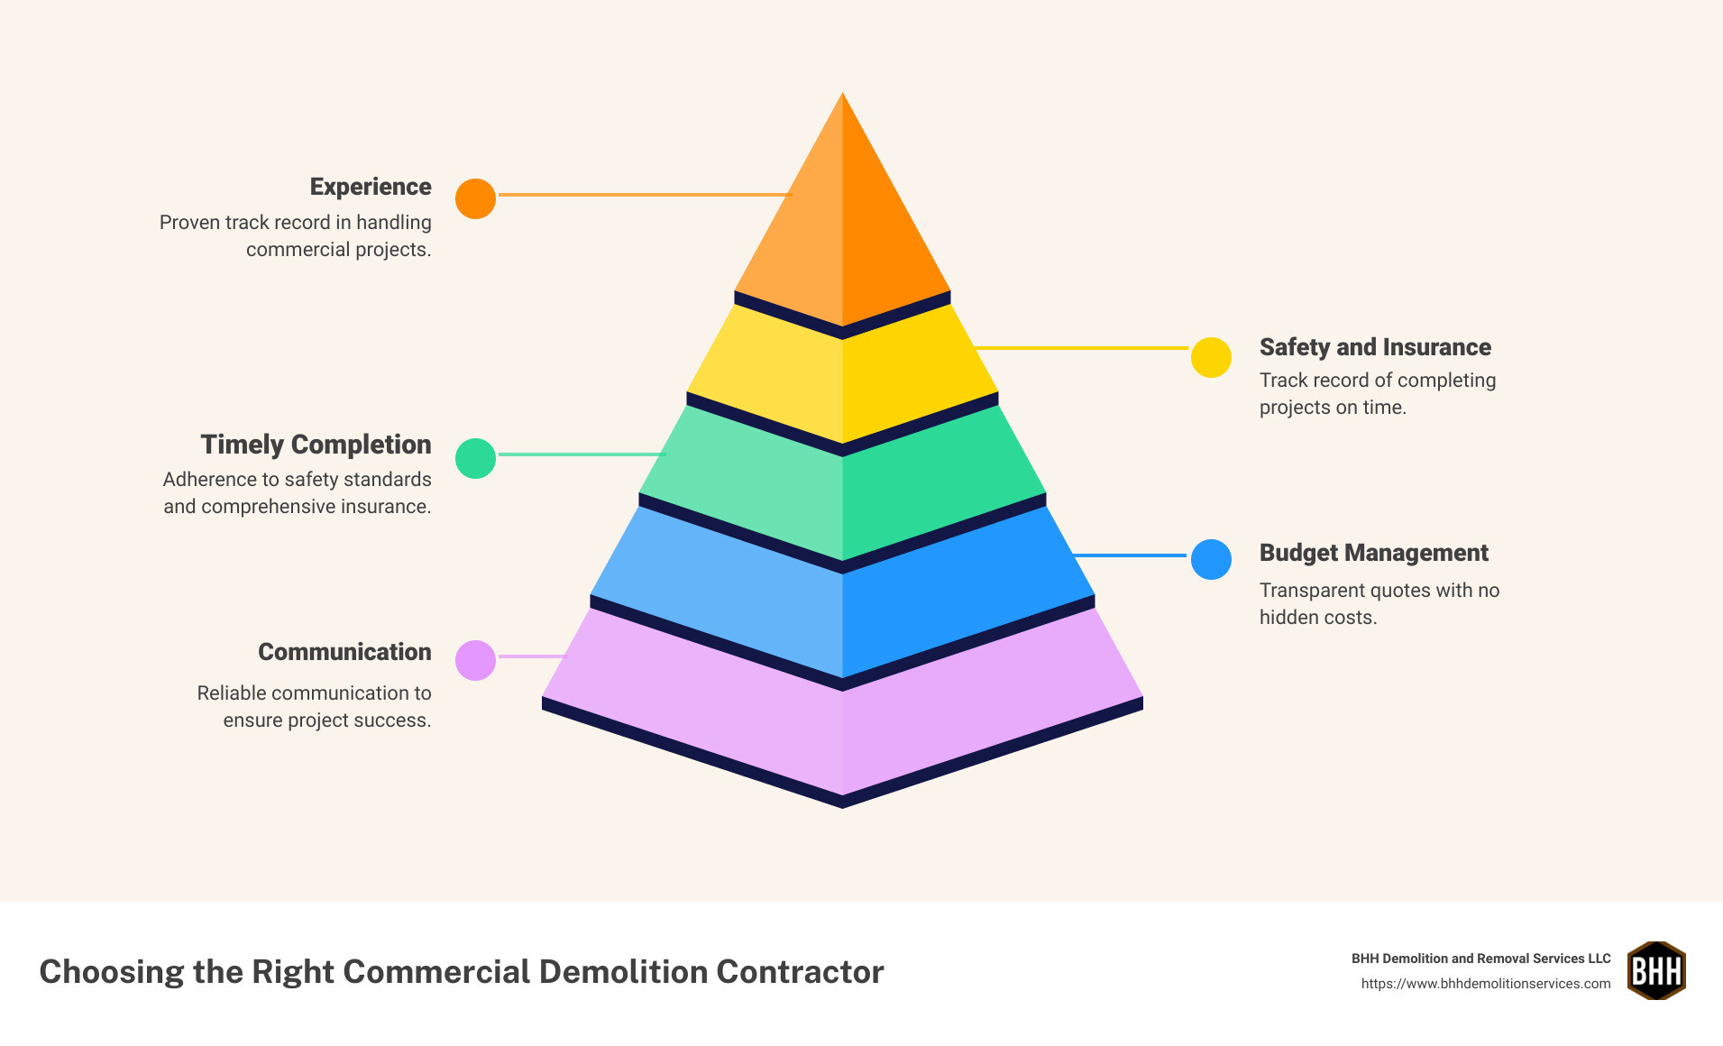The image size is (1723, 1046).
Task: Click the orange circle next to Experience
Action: pyautogui.click(x=475, y=198)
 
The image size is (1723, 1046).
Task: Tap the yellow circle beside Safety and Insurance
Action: pyautogui.click(x=1211, y=358)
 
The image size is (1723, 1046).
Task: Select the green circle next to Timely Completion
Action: pyautogui.click(x=475, y=458)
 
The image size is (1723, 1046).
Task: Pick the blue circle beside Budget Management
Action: pyautogui.click(x=1211, y=560)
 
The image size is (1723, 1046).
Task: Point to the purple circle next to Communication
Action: pyautogui.click(x=475, y=660)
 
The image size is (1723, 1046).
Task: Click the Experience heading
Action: pyautogui.click(x=371, y=187)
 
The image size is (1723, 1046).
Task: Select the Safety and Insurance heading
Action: pyautogui.click(x=1375, y=347)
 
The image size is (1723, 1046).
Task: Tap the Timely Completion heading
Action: pyautogui.click(x=316, y=445)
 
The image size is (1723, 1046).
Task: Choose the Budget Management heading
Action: pyautogui.click(x=1373, y=553)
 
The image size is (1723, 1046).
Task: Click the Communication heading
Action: pyautogui.click(x=344, y=652)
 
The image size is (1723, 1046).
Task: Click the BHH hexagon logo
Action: pyautogui.click(x=1656, y=971)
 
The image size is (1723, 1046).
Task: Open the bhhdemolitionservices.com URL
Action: pyautogui.click(x=1485, y=984)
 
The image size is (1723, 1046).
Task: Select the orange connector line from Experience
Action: pyautogui.click(x=644, y=195)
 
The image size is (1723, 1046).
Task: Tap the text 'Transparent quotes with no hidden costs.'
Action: pyautogui.click(x=1379, y=603)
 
